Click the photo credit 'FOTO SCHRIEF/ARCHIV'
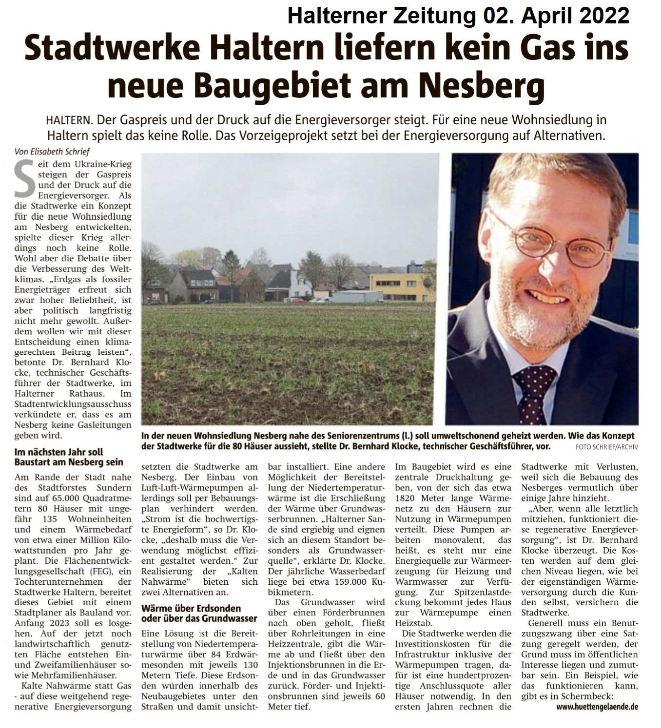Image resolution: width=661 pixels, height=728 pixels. tap(606, 446)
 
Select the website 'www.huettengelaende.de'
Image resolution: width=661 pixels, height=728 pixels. tap(597, 706)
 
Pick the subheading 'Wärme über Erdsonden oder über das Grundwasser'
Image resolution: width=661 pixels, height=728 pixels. tap(198, 613)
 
